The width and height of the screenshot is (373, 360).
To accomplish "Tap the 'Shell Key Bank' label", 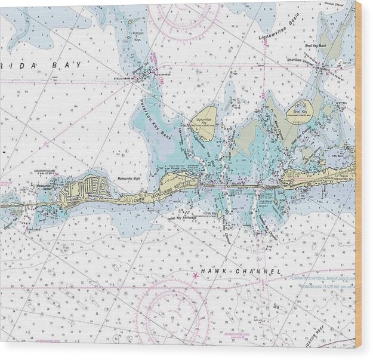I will pos(315,45).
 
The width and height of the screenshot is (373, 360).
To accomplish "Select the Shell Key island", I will pos(300,112).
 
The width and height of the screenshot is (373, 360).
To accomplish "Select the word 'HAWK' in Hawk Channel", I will pos(213,272).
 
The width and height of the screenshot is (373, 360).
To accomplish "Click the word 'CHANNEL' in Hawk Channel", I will pos(258,272).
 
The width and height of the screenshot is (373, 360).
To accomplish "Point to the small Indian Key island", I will pos(219,214).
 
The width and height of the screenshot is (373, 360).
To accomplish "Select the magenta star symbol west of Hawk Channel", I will pos(195,275).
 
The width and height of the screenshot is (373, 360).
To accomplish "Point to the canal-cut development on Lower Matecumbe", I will pos(87,188).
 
